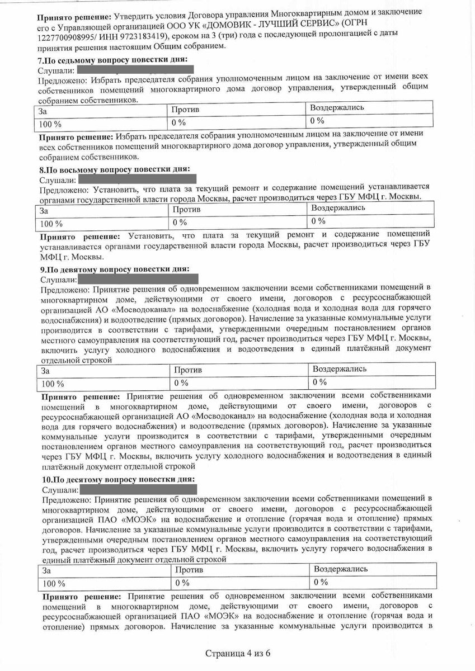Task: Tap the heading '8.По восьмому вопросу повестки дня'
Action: coord(115,169)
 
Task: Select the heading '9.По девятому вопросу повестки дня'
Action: coord(115,269)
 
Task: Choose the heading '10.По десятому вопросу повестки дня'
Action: coord(118,480)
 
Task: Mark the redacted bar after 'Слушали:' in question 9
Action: coord(138,279)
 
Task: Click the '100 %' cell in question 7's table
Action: coord(50,123)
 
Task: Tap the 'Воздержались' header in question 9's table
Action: coord(340,369)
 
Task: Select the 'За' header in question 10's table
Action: coord(47,570)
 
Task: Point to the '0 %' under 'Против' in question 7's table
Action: coord(178,122)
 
